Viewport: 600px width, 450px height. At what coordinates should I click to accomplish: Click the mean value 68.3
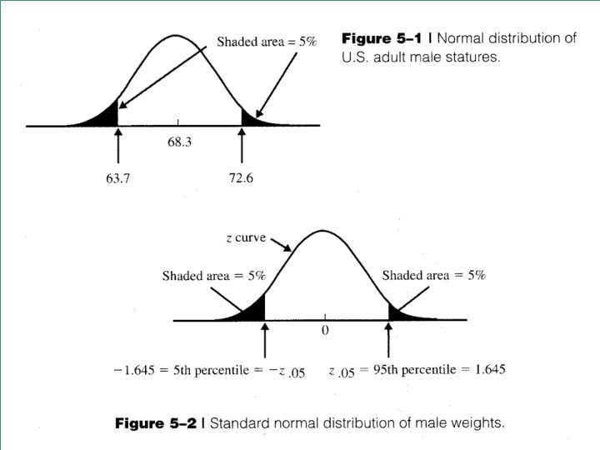(179, 142)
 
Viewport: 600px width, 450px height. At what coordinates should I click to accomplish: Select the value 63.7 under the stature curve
(117, 178)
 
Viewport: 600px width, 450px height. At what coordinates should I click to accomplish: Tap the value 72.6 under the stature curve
(241, 178)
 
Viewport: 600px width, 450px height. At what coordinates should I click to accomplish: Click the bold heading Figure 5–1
(382, 38)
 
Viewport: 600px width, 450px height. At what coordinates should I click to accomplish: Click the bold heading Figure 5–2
(156, 423)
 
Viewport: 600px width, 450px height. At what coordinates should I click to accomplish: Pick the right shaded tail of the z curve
(402, 314)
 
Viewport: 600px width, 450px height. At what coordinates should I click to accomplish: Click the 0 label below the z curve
(325, 330)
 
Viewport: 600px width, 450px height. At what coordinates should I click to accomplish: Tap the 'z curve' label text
(246, 237)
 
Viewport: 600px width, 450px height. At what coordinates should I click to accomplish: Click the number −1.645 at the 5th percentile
(134, 370)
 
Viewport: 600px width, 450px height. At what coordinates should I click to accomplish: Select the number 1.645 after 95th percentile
(490, 369)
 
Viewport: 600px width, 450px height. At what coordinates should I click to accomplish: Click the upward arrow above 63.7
(118, 146)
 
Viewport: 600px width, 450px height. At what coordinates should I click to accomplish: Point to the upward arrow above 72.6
(242, 145)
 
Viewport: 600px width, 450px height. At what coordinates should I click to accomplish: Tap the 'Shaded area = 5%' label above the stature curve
(267, 42)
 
